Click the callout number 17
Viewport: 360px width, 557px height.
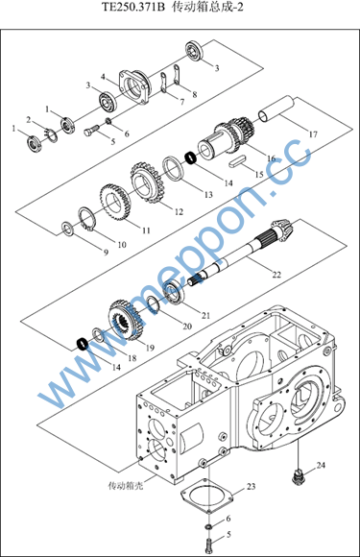click(x=313, y=134)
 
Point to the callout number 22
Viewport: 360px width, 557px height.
click(x=276, y=275)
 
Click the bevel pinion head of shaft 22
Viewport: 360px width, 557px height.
click(x=284, y=230)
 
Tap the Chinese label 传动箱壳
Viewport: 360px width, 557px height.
click(x=126, y=485)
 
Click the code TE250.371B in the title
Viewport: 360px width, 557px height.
click(x=134, y=8)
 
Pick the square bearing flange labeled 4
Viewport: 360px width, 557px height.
click(x=135, y=86)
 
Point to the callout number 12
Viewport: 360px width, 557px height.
click(x=179, y=211)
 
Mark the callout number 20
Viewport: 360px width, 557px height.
click(x=187, y=327)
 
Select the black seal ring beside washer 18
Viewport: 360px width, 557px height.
click(x=83, y=344)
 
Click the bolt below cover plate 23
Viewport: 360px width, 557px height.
click(x=209, y=544)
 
